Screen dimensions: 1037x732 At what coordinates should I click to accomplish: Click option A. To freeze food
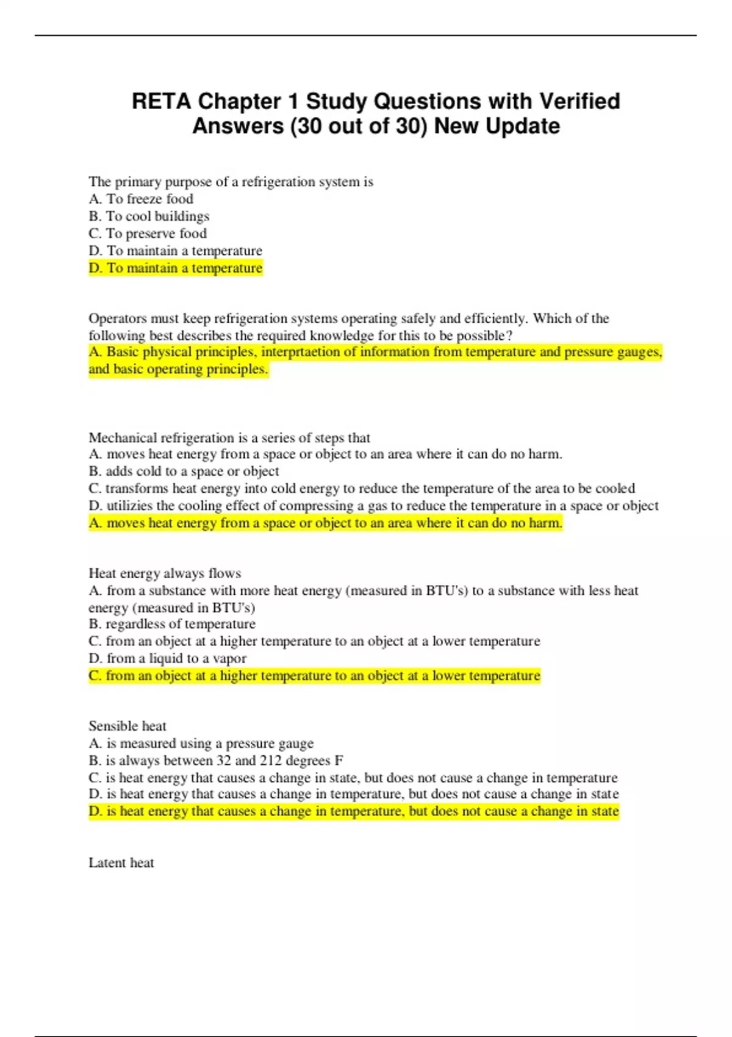[141, 199]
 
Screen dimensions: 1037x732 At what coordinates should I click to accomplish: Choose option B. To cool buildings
[149, 216]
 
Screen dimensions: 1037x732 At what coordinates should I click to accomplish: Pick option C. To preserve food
[148, 233]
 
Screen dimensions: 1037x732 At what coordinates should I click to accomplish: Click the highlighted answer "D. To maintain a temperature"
[176, 268]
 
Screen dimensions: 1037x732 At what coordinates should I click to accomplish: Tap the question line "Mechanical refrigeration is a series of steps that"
[229, 437]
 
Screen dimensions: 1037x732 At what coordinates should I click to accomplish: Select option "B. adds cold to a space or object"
[184, 471]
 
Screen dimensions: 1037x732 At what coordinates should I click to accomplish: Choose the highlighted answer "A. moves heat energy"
[325, 523]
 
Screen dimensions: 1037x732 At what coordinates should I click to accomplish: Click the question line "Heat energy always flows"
[165, 573]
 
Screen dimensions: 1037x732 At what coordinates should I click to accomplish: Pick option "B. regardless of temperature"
[172, 624]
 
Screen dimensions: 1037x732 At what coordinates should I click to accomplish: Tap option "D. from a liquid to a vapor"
[168, 658]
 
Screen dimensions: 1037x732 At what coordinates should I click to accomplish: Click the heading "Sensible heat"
[127, 726]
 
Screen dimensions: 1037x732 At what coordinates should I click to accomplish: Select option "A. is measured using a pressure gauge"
[201, 744]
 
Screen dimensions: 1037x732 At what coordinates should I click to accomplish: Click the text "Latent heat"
[121, 863]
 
